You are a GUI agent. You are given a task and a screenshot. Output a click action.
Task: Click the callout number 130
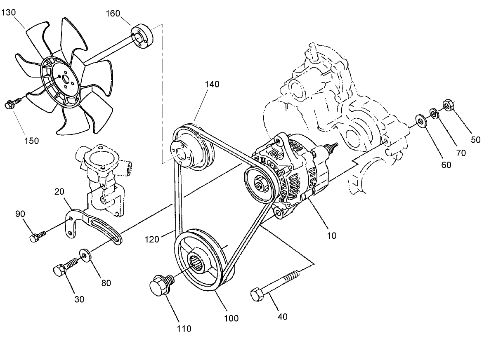[x=9, y=12]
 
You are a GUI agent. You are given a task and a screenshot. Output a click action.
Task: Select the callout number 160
[x=113, y=13]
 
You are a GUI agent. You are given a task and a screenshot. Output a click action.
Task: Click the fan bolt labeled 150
[x=12, y=105]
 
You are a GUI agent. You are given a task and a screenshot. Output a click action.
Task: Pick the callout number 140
[x=211, y=84]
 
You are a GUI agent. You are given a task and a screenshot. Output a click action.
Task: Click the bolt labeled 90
[x=36, y=236]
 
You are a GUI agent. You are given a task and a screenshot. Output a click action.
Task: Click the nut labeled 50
[x=448, y=106]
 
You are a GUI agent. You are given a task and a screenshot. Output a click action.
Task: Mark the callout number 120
[x=152, y=239]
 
